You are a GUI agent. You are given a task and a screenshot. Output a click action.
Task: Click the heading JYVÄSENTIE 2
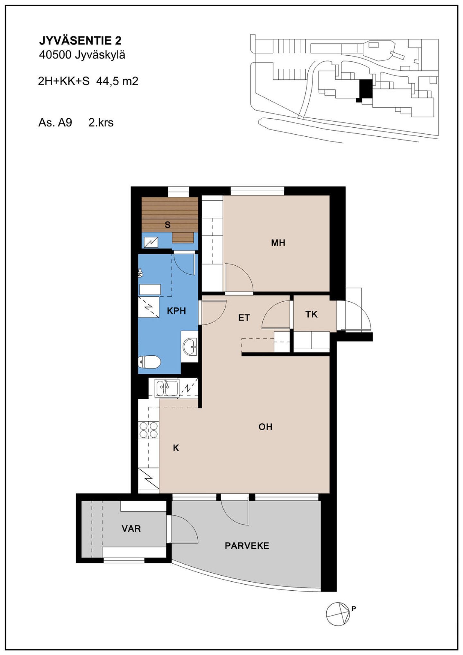(x=80, y=41)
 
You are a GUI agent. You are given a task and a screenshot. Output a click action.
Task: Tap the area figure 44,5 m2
(x=117, y=81)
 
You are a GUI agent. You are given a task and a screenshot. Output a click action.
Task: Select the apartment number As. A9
(x=55, y=123)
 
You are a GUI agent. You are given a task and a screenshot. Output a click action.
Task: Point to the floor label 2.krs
(x=101, y=123)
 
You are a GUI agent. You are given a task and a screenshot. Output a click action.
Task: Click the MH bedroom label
(x=278, y=243)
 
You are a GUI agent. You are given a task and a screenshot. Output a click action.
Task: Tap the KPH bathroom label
(x=177, y=311)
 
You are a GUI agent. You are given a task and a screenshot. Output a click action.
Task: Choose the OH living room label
(x=265, y=427)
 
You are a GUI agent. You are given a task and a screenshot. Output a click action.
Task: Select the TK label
(x=311, y=314)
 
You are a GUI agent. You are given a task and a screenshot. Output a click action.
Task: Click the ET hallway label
(x=244, y=318)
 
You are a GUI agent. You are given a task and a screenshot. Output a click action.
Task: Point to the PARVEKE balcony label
(x=247, y=546)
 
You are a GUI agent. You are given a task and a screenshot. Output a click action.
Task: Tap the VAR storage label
(x=131, y=528)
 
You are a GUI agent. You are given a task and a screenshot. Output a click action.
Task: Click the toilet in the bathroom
(x=149, y=362)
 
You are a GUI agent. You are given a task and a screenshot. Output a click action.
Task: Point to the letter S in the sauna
(x=168, y=225)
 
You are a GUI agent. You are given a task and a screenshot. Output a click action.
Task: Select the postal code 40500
(x=55, y=55)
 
